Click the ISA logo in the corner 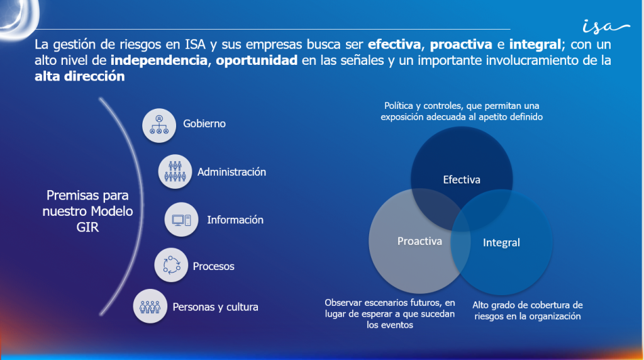(605, 26)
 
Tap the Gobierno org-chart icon (159, 124)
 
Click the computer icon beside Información (182, 220)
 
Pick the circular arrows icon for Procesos (171, 266)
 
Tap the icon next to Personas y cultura (150, 307)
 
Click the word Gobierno (204, 124)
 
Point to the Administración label (231, 172)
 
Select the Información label (235, 220)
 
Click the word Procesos (214, 266)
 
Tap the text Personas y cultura (216, 307)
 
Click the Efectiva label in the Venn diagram (462, 180)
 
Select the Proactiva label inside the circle (419, 241)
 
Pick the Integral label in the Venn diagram (501, 242)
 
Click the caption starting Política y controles (462, 111)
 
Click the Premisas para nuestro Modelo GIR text (87, 211)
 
